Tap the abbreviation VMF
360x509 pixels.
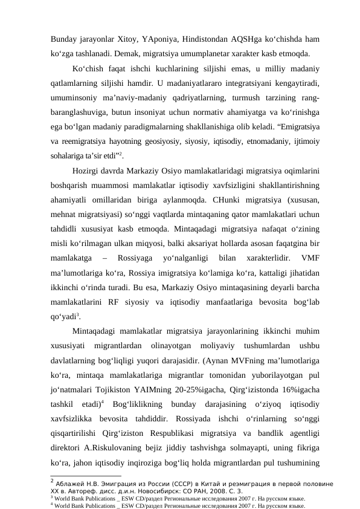tap(309, 257)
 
